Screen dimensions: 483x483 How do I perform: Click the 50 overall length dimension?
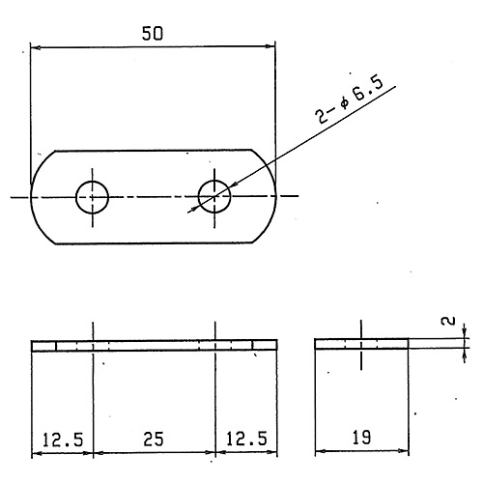coord(153,34)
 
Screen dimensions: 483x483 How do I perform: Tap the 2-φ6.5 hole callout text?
coord(349,99)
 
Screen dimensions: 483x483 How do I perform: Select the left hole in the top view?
coord(92,197)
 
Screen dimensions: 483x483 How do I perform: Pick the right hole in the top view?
coord(214,196)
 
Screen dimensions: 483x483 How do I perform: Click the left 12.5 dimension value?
coord(63,440)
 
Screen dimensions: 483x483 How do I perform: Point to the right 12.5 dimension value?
coord(246,439)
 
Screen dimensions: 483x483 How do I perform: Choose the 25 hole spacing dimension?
coord(154,439)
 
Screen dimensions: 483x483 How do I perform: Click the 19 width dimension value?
coord(361,438)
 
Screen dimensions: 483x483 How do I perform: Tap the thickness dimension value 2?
coord(448,321)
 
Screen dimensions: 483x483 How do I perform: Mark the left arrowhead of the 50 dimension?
coord(35,47)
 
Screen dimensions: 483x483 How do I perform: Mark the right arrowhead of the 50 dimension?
coord(270,46)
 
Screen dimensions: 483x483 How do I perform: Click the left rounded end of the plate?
coord(37,197)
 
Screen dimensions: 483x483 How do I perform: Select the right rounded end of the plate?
coord(270,196)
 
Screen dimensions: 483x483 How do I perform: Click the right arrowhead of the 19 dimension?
coord(404,451)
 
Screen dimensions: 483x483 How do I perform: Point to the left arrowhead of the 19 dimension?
coord(320,451)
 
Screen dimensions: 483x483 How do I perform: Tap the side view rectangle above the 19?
coord(361,344)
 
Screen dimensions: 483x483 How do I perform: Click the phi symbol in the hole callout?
coord(344,103)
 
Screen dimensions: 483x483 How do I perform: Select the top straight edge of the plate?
coord(154,150)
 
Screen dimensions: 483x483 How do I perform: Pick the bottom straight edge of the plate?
coord(154,243)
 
